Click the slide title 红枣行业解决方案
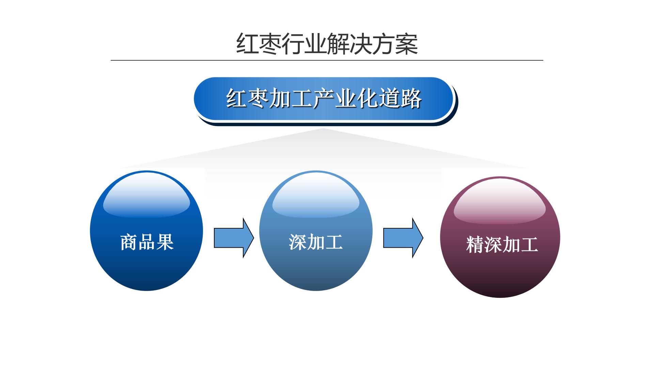(327, 44)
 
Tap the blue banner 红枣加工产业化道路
(324, 99)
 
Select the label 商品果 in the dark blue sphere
(147, 242)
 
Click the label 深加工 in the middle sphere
(316, 242)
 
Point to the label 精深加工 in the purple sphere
(502, 244)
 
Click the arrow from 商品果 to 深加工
(234, 238)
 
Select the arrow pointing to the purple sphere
(403, 238)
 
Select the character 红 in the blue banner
(237, 99)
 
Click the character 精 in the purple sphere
(475, 244)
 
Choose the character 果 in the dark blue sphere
(165, 242)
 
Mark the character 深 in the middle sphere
(298, 242)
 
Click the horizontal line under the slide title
(327, 60)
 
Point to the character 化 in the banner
(368, 99)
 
